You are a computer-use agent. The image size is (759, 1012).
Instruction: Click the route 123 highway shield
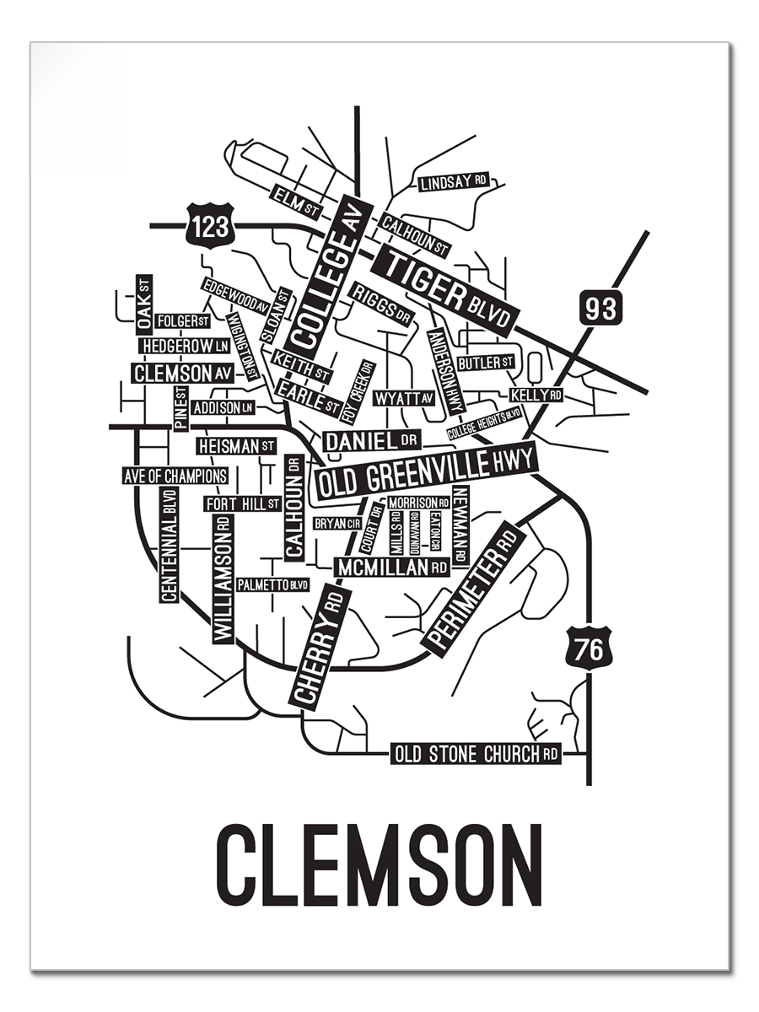pyautogui.click(x=208, y=226)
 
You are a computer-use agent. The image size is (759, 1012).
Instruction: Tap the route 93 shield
pyautogui.click(x=601, y=307)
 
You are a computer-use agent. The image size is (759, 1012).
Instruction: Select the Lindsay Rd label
pyautogui.click(x=454, y=183)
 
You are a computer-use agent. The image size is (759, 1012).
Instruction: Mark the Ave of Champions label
pyautogui.click(x=175, y=476)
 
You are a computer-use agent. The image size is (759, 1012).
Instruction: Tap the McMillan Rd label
pyautogui.click(x=392, y=568)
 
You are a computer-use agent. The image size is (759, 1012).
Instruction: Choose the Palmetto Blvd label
pyautogui.click(x=272, y=584)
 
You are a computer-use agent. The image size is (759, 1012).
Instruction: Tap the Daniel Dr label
pyautogui.click(x=371, y=440)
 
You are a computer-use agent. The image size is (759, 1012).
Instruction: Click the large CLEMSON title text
pyautogui.click(x=379, y=865)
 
